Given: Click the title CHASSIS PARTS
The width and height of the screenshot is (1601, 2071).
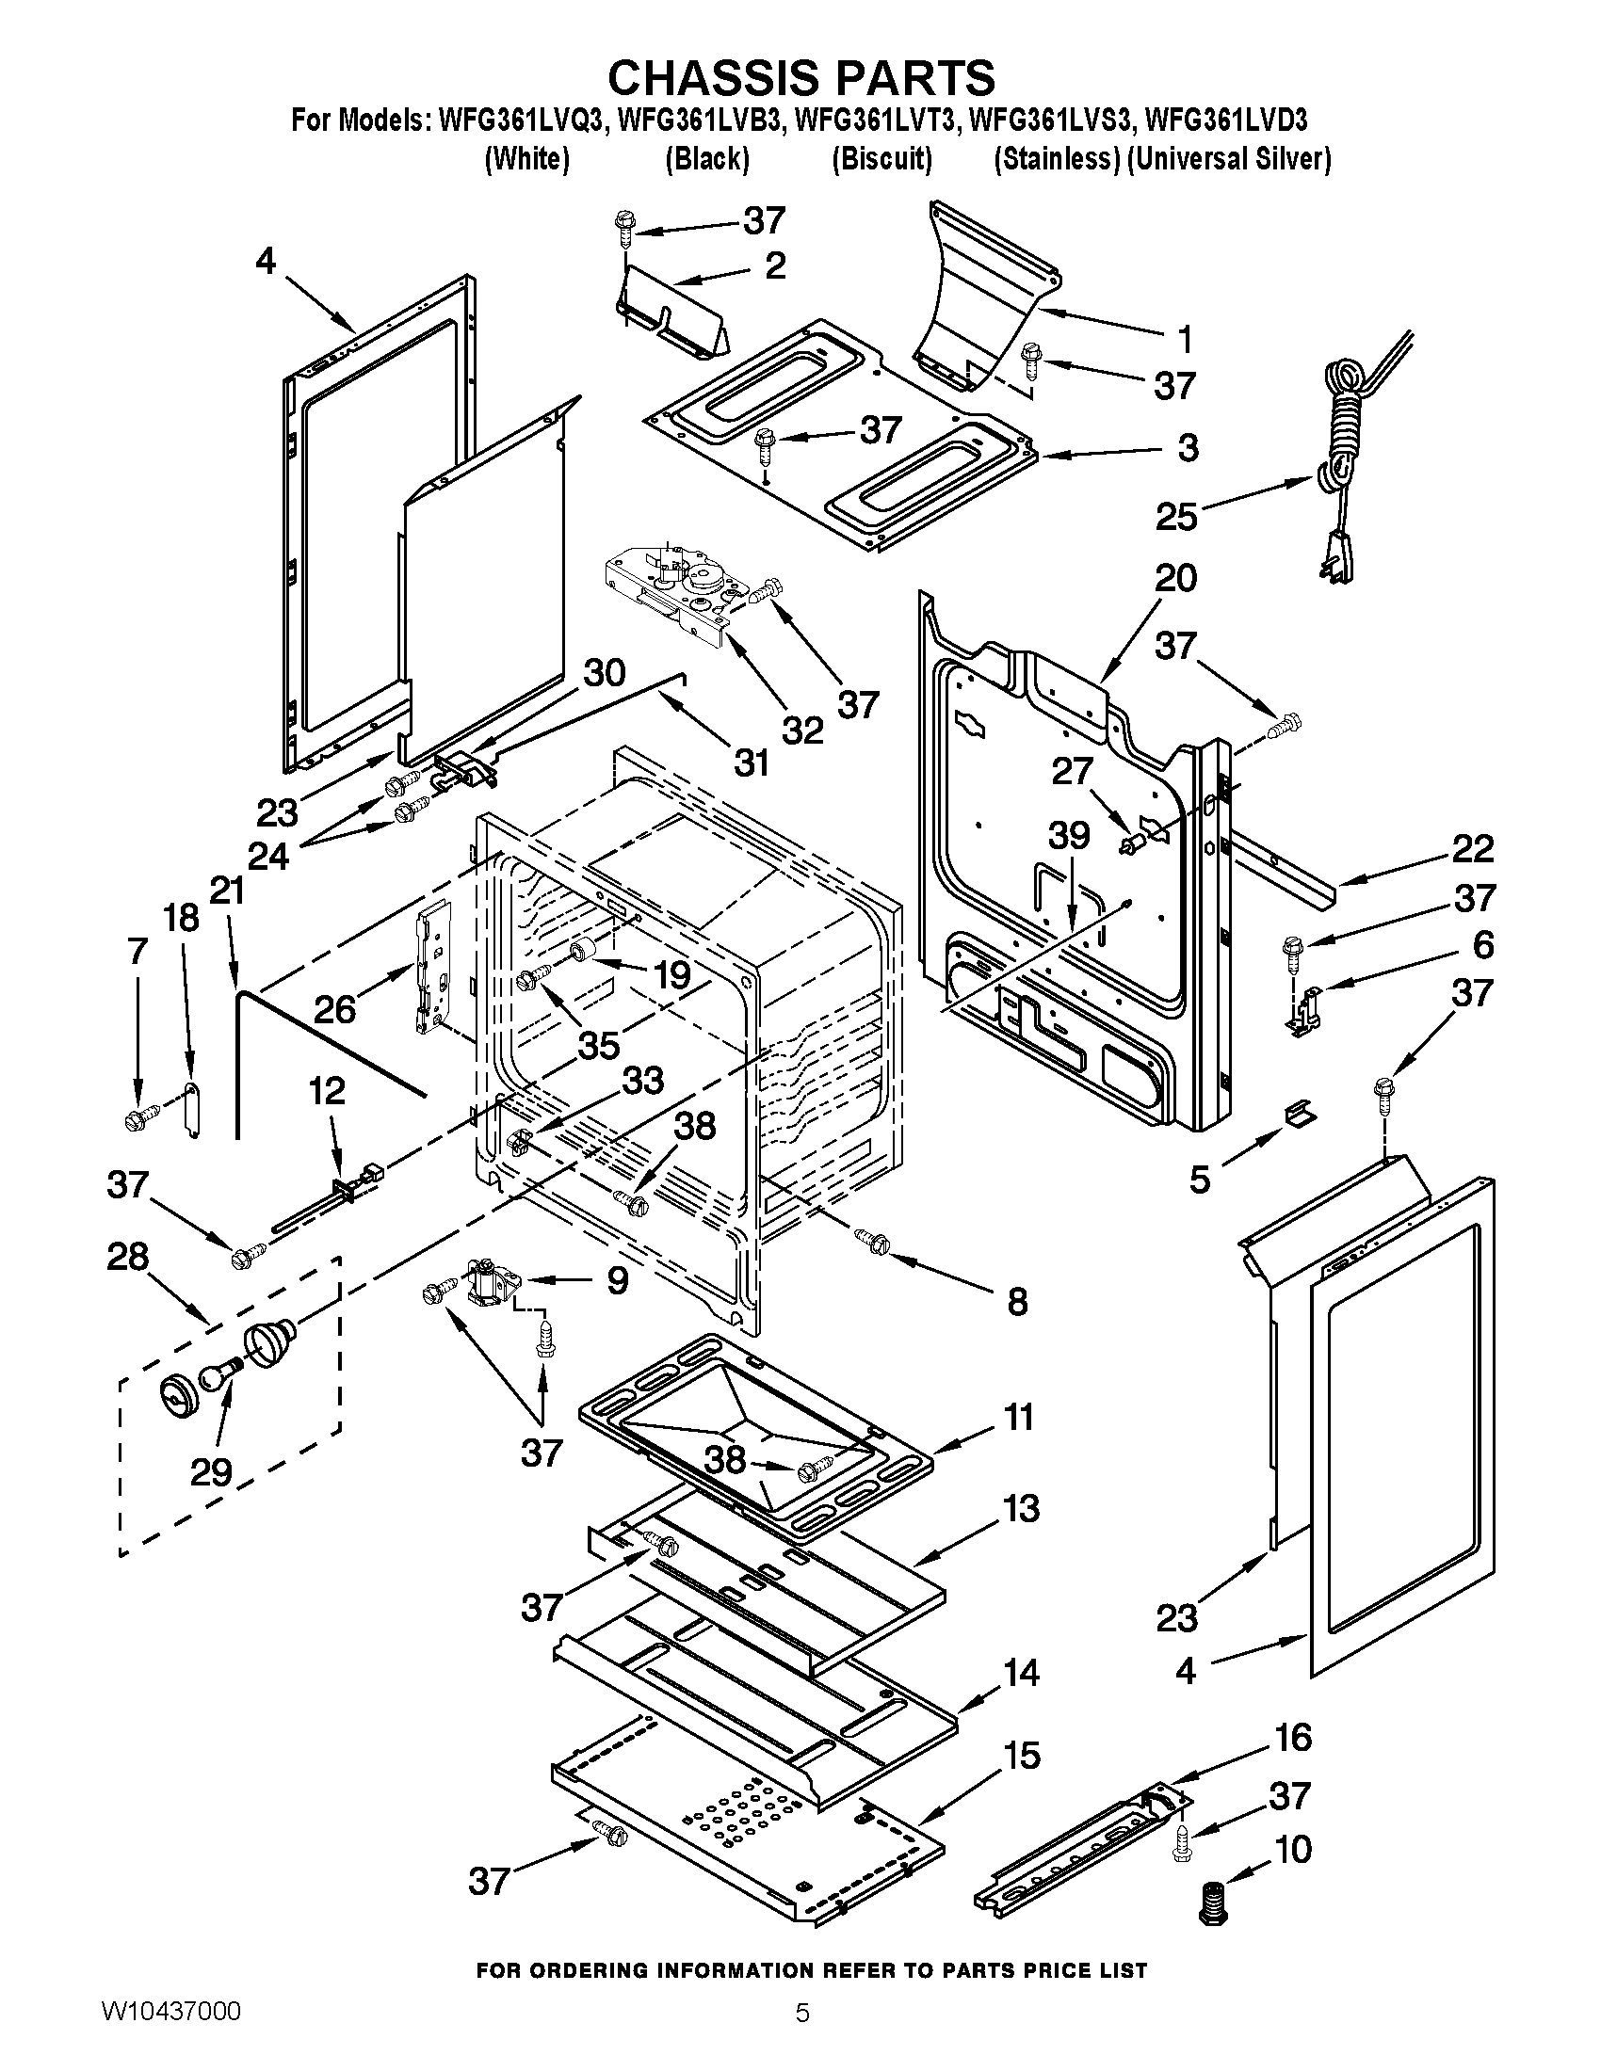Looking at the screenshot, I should click(800, 78).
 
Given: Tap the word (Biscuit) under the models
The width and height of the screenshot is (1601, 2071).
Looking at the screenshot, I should click(881, 158).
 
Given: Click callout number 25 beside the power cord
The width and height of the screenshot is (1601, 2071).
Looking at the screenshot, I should click(1175, 517).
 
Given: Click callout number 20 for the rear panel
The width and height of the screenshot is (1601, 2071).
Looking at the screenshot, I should click(1175, 578).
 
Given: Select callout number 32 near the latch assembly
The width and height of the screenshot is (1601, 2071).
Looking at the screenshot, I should click(802, 730).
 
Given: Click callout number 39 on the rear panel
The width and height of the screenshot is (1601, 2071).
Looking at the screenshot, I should click(1069, 836).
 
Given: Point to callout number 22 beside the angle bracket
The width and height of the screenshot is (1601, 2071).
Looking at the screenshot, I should click(1472, 849).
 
